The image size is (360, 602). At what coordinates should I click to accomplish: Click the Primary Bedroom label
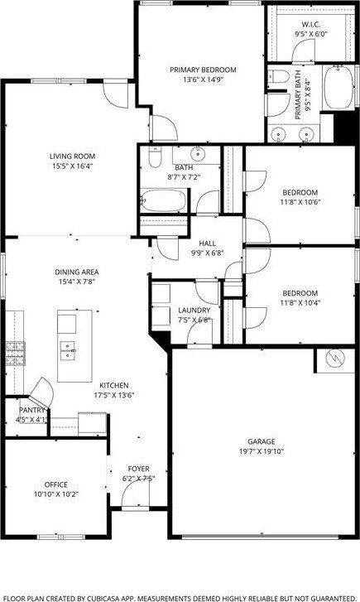click(203, 70)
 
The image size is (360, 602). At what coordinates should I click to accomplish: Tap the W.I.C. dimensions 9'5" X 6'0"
click(311, 34)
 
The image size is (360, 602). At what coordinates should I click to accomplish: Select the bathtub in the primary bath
click(338, 88)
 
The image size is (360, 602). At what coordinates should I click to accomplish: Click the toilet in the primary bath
click(279, 76)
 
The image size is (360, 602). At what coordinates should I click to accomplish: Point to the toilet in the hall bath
click(155, 157)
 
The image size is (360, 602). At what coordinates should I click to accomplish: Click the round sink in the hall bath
click(198, 154)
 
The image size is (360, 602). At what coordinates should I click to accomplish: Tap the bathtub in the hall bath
click(164, 200)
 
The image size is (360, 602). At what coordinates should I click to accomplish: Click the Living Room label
click(72, 157)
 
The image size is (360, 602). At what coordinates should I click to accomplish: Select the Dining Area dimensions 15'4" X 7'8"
click(77, 282)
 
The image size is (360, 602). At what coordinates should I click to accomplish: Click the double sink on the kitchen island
click(68, 350)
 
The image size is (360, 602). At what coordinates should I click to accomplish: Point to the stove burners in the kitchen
click(15, 354)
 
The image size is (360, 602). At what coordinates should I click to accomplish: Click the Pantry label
click(32, 410)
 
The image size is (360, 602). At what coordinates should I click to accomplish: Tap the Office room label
click(56, 484)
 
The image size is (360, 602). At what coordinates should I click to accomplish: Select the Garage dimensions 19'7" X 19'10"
click(262, 451)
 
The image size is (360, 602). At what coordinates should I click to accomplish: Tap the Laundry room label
click(194, 311)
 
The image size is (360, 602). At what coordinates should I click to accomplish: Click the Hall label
click(207, 243)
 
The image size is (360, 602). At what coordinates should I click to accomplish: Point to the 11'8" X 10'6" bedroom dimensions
click(300, 202)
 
